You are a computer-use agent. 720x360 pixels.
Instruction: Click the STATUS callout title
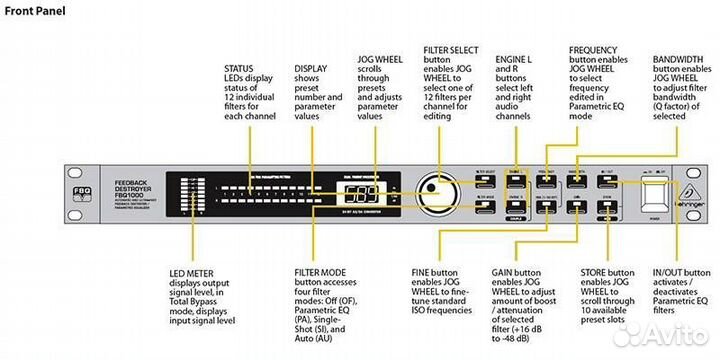coord(241,70)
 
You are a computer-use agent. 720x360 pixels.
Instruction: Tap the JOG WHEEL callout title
coord(379,59)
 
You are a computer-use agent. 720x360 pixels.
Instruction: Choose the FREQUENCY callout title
coord(598,48)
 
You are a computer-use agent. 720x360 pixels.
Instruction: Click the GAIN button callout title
coord(517,271)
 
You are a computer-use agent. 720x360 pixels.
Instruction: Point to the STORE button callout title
coord(606,271)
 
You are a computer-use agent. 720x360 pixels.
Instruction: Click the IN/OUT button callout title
coord(682,271)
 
